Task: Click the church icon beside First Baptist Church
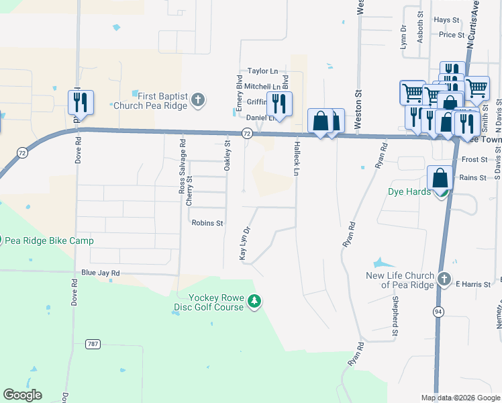[x=197, y=100]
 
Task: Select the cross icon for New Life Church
[x=444, y=279]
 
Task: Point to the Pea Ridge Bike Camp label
[x=59, y=240]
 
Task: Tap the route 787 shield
[x=93, y=344]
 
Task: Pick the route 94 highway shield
[x=438, y=312]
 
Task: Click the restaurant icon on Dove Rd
[x=80, y=103]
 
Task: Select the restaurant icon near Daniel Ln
[x=279, y=104]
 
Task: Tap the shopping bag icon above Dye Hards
[x=440, y=179]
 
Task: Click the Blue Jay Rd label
[x=100, y=273]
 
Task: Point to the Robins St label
[x=207, y=222]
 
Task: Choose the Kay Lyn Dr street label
[x=245, y=242]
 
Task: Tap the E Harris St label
[x=473, y=285]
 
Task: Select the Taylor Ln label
[x=262, y=71]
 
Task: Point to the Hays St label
[x=446, y=20]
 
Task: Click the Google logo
[x=22, y=395]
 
